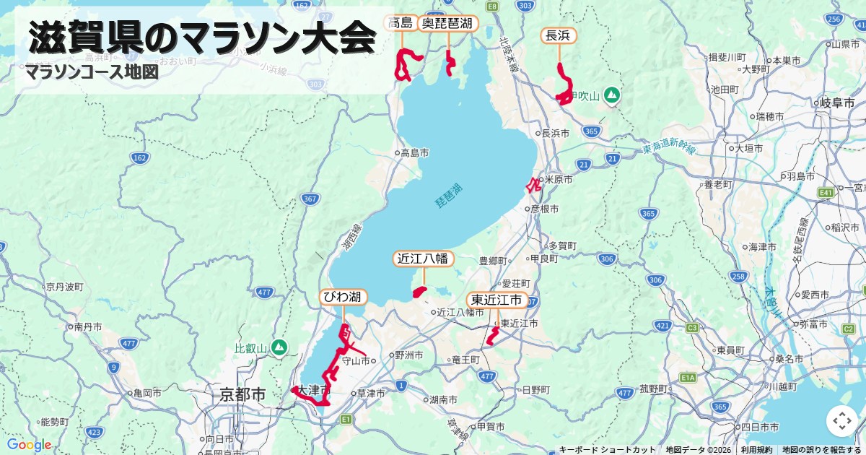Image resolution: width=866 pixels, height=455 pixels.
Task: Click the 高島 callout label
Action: [x=401, y=23]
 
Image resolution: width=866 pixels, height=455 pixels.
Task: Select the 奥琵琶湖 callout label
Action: [x=448, y=23]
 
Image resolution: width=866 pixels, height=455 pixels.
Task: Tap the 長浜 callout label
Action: [x=559, y=35]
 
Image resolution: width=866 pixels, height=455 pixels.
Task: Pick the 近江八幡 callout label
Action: [x=424, y=259]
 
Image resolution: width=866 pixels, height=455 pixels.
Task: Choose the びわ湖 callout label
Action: [x=344, y=297]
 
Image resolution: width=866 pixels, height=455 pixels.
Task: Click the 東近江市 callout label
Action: [x=497, y=300]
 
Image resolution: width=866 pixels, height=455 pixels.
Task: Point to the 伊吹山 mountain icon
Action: [x=611, y=95]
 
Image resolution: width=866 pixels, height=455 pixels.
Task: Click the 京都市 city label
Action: [x=243, y=395]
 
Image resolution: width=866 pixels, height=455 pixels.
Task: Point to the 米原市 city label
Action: [x=559, y=179]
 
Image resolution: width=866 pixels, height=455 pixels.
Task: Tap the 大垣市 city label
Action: [x=748, y=148]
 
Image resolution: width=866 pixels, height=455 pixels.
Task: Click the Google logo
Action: [x=29, y=444]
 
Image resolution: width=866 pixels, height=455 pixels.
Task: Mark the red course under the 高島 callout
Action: [x=407, y=64]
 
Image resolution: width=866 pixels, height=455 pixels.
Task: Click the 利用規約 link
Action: [x=756, y=450]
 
